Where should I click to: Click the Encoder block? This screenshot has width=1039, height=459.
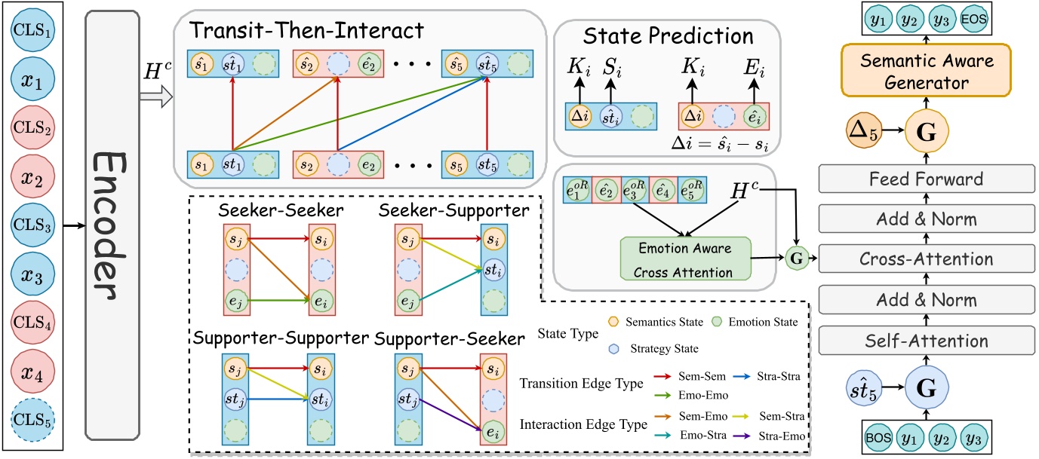[112, 225]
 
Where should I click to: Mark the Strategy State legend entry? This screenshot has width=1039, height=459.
[656, 348]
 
